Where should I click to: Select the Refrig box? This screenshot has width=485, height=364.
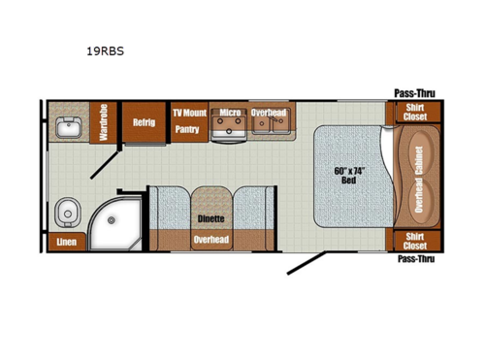[144, 123]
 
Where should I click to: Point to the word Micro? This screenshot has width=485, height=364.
[228, 114]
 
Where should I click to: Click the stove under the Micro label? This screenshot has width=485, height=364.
[228, 130]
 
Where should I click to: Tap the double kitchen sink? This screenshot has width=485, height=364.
[269, 130]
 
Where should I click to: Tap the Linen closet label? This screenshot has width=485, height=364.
[66, 241]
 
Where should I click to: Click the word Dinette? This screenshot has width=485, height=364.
[210, 219]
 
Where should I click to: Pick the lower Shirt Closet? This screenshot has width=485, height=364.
[413, 241]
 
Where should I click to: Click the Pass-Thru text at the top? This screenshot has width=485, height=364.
[414, 93]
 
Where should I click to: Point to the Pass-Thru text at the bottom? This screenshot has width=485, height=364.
[414, 260]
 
